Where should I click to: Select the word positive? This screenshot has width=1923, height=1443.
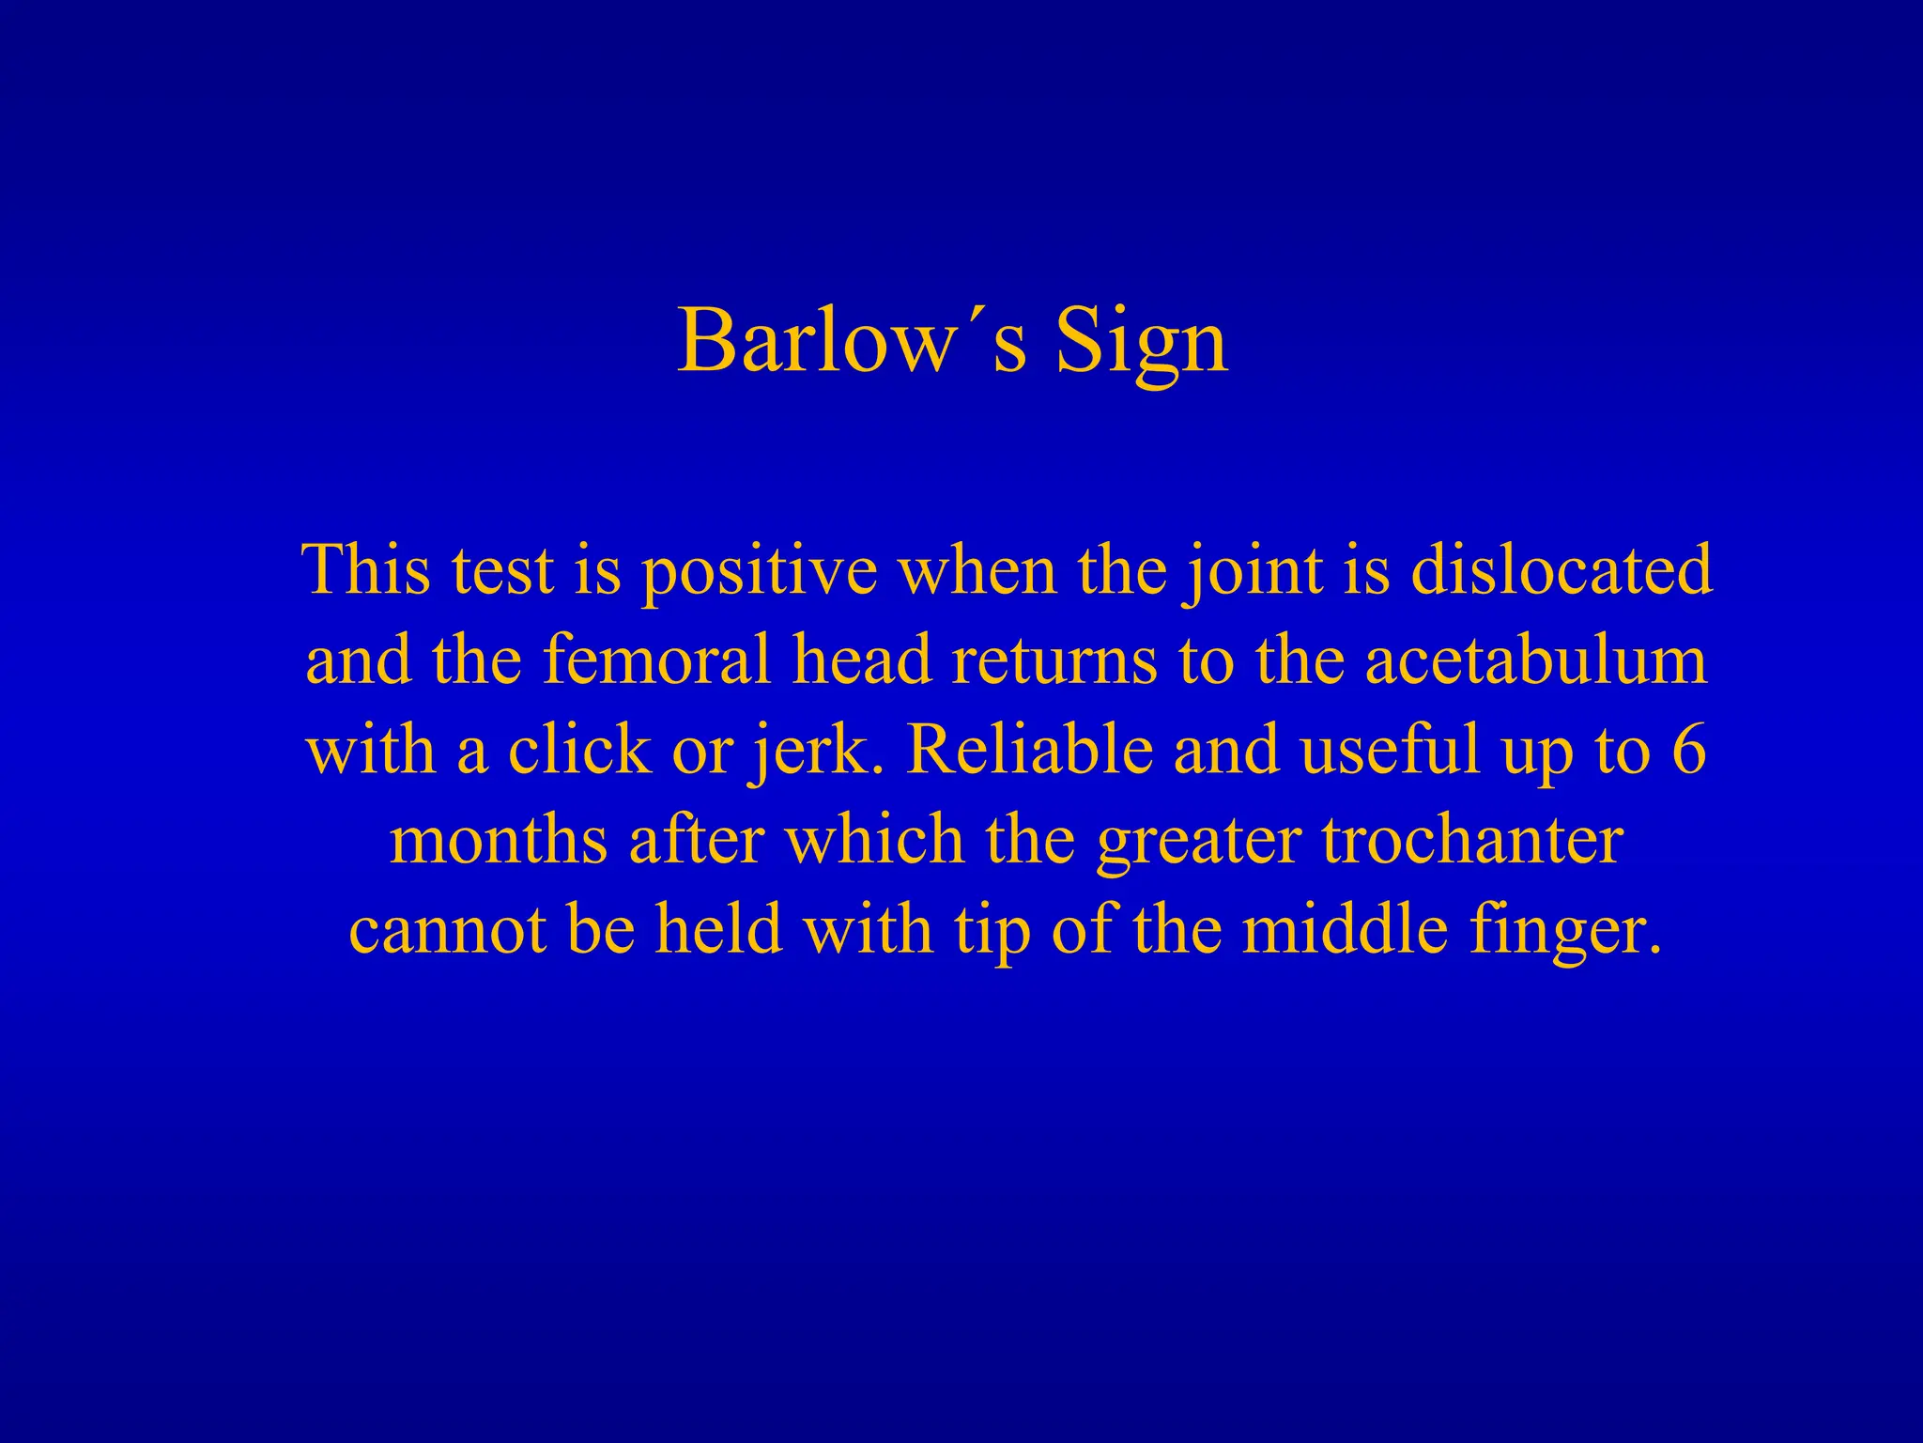pos(759,571)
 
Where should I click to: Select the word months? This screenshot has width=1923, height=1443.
pos(498,840)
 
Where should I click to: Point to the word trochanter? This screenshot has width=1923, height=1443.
pos(1472,840)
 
